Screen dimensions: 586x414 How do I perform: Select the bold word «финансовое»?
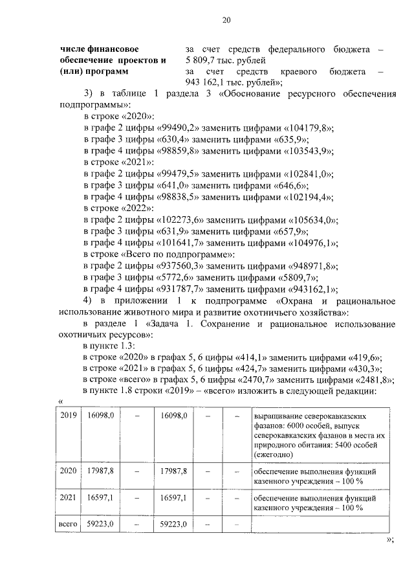pyautogui.click(x=113, y=49)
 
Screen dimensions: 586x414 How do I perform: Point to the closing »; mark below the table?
pyautogui.click(x=389, y=539)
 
